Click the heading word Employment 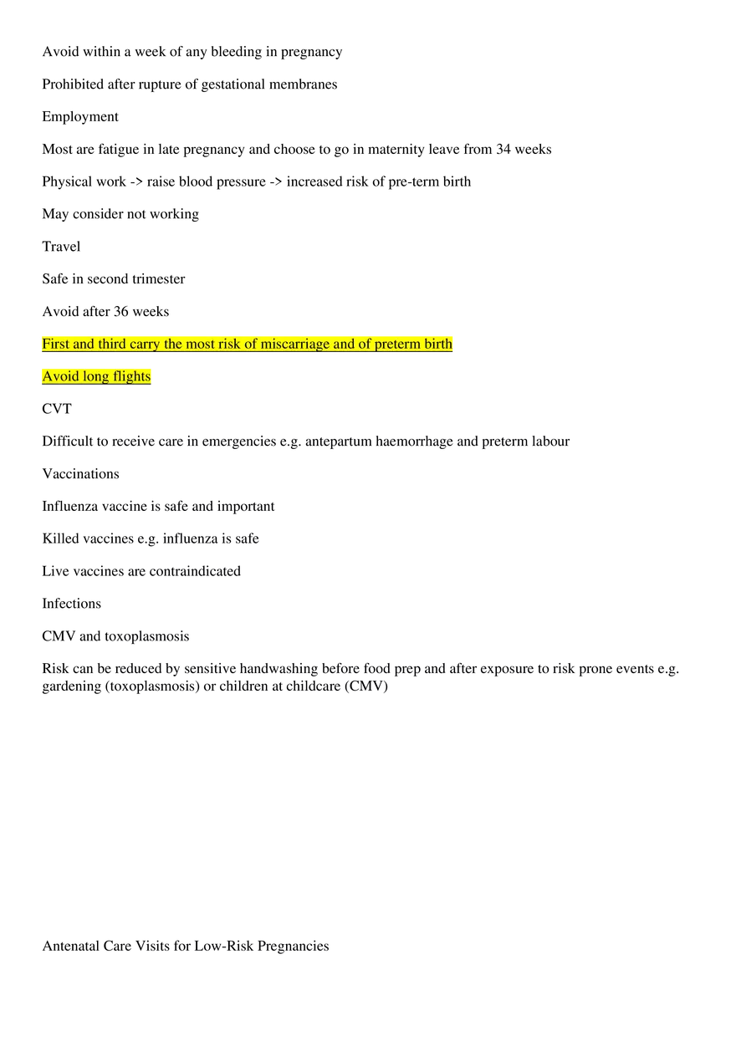(80, 117)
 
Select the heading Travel (61, 247)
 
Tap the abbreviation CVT (57, 409)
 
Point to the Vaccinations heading (80, 473)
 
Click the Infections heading (72, 603)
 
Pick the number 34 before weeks (503, 149)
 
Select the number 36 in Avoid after (121, 311)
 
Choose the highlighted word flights (131, 377)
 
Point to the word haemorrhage (414, 441)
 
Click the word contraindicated (195, 571)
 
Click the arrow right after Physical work (136, 181)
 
